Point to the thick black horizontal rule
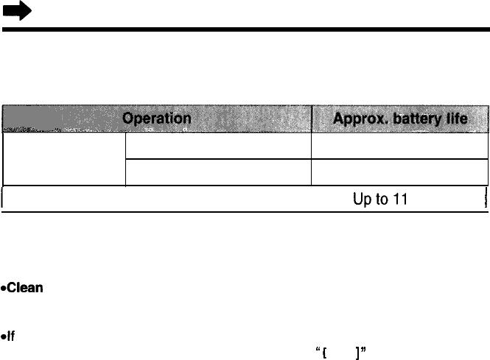pyautogui.click(x=245, y=30)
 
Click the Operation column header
pyautogui.click(x=157, y=118)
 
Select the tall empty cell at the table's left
pyautogui.click(x=65, y=158)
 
